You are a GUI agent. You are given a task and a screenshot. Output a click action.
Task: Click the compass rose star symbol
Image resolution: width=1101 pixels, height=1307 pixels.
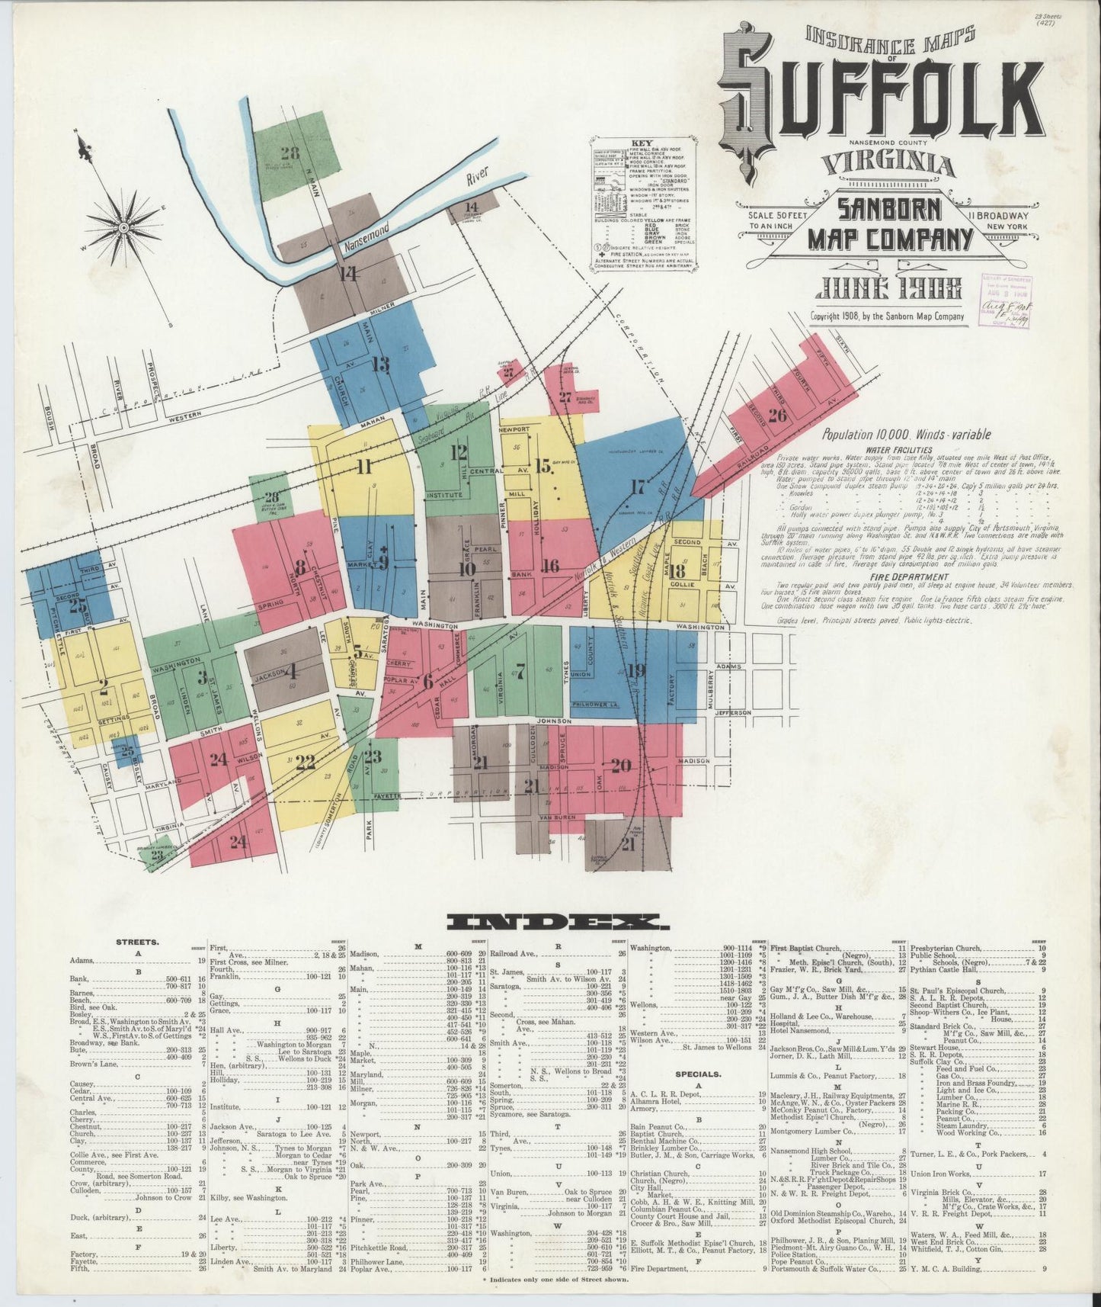[122, 227]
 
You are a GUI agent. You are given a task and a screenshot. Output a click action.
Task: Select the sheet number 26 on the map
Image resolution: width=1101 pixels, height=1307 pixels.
[777, 416]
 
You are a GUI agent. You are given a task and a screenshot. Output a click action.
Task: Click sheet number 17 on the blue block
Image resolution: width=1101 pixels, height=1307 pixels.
[637, 486]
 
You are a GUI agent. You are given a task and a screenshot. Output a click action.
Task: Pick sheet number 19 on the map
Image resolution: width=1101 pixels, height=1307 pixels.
[637, 670]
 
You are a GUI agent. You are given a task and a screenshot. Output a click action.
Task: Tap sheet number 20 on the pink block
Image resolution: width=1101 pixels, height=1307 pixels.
[621, 765]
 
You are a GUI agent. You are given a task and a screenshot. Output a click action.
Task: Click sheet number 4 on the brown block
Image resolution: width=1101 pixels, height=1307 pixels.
[291, 672]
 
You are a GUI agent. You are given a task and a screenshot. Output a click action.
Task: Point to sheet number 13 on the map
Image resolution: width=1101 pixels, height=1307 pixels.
[380, 364]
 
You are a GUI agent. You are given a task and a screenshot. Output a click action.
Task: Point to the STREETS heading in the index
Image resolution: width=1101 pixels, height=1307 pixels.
[137, 942]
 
